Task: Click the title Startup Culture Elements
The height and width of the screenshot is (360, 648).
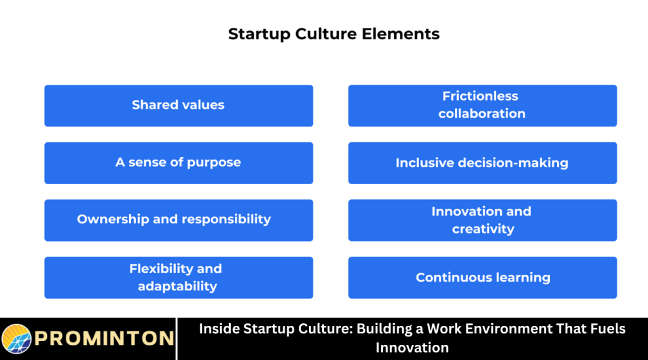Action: pos(333,34)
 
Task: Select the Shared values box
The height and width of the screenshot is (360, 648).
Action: pos(178,106)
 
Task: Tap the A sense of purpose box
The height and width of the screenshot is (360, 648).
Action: pos(178,163)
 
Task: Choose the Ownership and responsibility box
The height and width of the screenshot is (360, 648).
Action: pos(178,220)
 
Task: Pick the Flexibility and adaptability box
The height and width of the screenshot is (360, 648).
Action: pos(178,277)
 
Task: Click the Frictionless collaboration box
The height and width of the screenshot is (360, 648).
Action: pos(482,106)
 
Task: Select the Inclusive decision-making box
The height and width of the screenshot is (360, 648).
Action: pos(482,163)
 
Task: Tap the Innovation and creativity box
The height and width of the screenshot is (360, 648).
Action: pos(482,220)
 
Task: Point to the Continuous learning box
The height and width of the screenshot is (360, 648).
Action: pos(482,277)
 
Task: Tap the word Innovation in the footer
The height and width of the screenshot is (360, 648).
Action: pos(412,347)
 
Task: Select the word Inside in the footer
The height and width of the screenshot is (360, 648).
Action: pos(220,329)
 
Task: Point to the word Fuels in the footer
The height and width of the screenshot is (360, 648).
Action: pos(605,329)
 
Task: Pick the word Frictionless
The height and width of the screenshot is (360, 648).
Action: pos(480,96)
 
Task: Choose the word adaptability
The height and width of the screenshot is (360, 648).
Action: pos(177,286)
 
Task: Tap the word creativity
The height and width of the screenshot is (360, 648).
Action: pos(483,229)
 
